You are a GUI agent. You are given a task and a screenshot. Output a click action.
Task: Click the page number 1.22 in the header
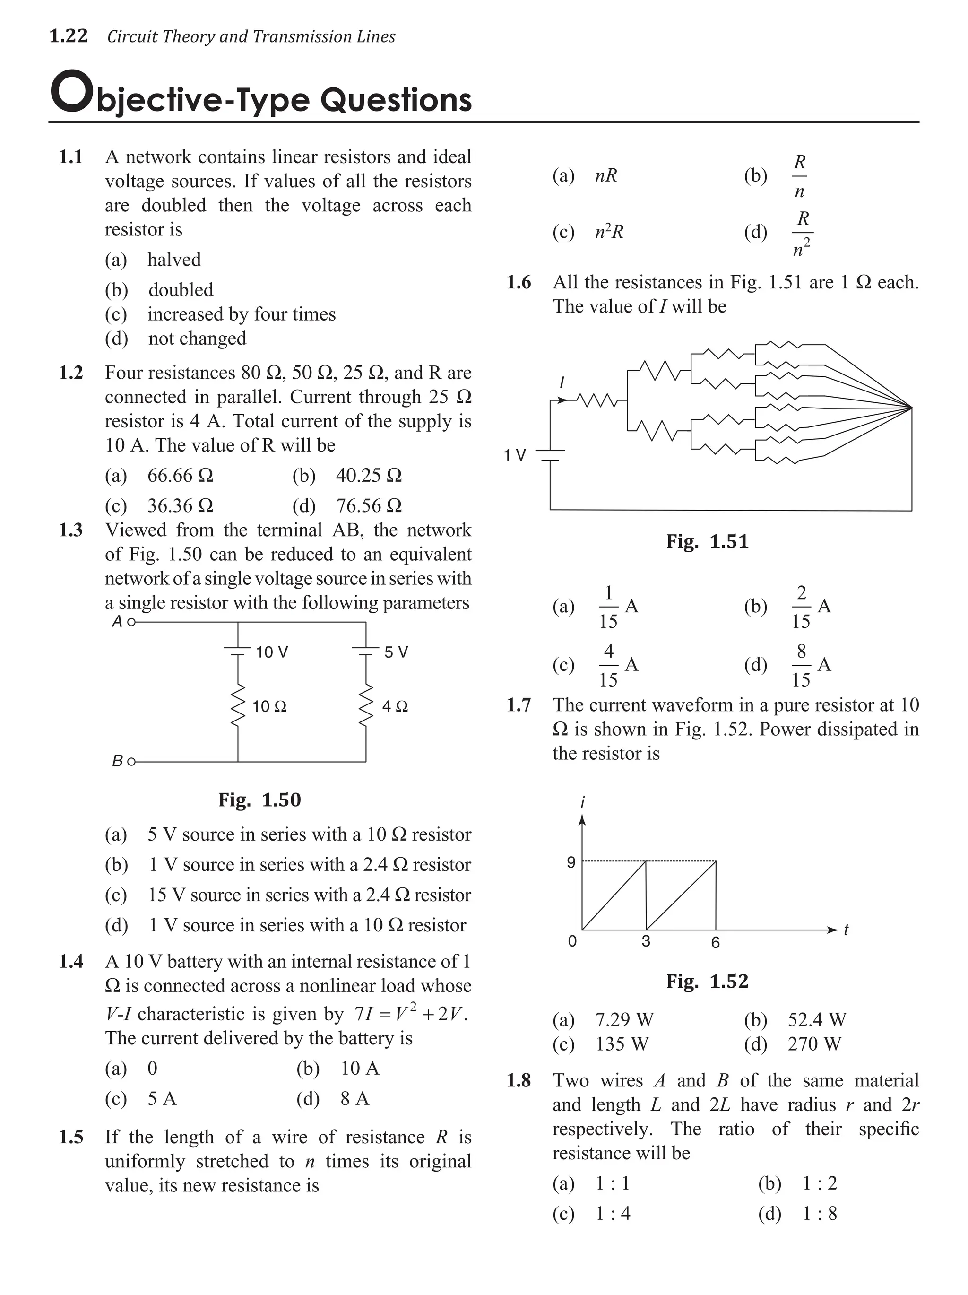tap(69, 36)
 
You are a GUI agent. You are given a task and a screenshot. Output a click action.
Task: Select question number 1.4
tap(71, 961)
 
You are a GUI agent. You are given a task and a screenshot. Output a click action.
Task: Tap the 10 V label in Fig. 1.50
tap(272, 652)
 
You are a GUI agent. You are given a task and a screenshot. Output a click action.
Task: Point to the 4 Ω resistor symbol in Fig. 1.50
tap(366, 705)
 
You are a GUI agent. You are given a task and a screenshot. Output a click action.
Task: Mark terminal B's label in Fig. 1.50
tap(117, 762)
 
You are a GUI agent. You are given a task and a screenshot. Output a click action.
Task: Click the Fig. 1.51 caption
tap(707, 541)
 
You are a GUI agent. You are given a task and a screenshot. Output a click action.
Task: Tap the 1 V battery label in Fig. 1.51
tap(515, 455)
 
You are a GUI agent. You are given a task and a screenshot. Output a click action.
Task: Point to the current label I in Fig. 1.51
tap(562, 383)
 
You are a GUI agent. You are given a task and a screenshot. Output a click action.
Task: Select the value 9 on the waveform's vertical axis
tap(570, 862)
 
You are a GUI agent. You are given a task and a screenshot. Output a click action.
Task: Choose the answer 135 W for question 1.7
tap(622, 1044)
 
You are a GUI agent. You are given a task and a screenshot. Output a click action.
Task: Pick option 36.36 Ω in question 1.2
tap(180, 505)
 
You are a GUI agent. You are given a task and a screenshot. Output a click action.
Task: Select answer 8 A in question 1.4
tap(354, 1098)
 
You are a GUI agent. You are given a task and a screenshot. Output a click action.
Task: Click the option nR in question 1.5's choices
tap(606, 175)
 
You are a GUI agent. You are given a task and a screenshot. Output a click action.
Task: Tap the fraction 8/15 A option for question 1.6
tap(811, 665)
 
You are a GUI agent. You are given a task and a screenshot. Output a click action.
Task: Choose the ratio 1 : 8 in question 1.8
tap(819, 1214)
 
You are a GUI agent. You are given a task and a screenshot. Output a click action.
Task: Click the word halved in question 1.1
tap(174, 260)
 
